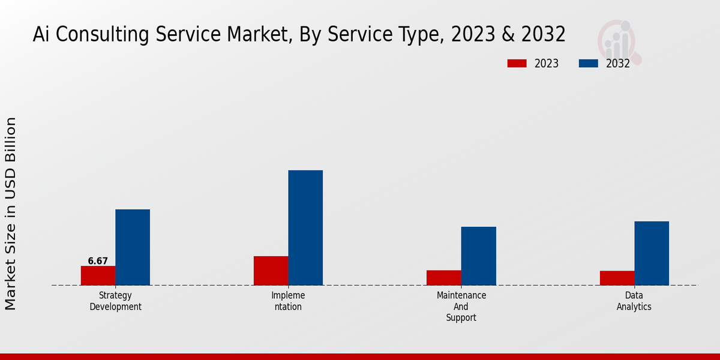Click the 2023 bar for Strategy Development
[x=98, y=275]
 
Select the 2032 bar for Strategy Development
[x=133, y=247]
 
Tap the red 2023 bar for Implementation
[x=271, y=271]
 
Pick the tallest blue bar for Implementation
[x=305, y=228]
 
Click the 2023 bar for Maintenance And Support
[x=444, y=278]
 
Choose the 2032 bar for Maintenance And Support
[x=479, y=256]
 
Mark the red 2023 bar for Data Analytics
[x=617, y=278]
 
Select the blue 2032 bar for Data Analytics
[x=652, y=253]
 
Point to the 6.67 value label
[x=98, y=261]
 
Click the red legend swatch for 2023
[x=517, y=64]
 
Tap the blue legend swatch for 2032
[x=588, y=64]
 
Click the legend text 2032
[x=618, y=64]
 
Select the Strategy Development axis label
[x=115, y=301]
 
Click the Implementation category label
[x=288, y=301]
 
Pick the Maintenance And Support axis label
[x=461, y=307]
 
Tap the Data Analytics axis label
[x=634, y=301]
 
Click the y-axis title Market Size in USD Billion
[x=11, y=213]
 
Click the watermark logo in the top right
[x=619, y=41]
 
